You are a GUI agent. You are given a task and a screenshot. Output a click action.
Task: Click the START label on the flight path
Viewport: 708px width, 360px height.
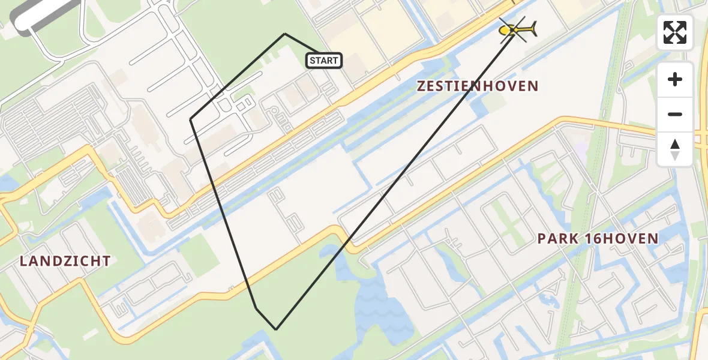click(x=324, y=60)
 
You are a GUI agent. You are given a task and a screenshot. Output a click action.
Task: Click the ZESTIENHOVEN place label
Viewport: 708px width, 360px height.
click(x=478, y=86)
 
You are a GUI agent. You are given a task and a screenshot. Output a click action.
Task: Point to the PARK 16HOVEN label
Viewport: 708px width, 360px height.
click(x=598, y=238)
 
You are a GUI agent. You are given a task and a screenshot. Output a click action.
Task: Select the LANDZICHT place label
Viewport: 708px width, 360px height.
click(x=65, y=261)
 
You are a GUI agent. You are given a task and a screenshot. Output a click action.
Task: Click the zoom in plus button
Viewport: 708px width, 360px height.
click(x=675, y=79)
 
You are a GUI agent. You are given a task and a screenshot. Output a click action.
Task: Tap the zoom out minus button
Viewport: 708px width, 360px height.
click(x=675, y=114)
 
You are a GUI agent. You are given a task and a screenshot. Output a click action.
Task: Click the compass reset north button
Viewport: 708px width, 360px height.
click(x=675, y=149)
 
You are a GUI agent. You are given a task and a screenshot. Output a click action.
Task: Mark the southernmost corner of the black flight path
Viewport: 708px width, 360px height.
click(x=276, y=329)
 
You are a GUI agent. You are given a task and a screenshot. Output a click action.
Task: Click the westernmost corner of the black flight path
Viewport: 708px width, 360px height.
click(x=191, y=119)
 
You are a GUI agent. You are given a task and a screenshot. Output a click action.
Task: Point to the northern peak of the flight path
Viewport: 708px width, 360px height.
click(x=284, y=34)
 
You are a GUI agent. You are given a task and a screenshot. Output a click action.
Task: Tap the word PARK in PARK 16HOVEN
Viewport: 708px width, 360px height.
click(x=557, y=238)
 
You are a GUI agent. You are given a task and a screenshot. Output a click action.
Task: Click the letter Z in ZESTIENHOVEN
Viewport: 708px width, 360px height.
click(x=422, y=86)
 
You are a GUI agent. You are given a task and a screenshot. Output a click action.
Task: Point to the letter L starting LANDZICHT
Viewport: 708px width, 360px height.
click(x=23, y=261)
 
